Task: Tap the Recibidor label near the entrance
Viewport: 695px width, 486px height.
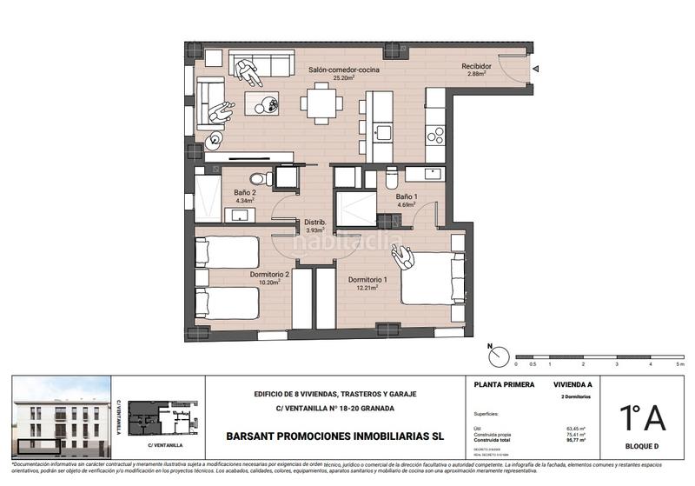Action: [x=476, y=66]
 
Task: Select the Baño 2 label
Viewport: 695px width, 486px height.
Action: [x=244, y=194]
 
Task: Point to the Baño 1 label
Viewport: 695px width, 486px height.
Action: [x=407, y=197]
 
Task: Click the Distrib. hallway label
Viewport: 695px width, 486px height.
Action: [x=314, y=223]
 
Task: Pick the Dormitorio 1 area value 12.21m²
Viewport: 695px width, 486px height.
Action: [x=362, y=287]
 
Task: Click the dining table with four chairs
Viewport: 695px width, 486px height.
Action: [x=321, y=104]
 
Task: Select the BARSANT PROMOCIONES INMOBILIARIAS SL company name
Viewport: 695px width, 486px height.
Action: [x=334, y=436]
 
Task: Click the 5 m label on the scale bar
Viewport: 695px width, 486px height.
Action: [x=682, y=364]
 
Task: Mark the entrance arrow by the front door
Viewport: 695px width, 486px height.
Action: [x=538, y=68]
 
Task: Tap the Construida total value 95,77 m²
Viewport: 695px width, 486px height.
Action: [x=574, y=440]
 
